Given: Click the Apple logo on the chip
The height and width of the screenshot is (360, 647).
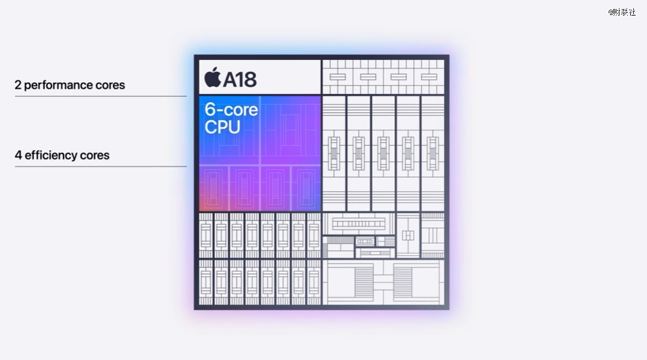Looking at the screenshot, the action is click(213, 77).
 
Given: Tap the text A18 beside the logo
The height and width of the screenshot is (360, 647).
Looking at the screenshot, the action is click(240, 78).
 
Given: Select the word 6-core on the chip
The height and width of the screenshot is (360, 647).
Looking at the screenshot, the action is click(231, 109).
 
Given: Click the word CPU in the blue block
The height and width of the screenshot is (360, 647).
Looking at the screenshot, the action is click(222, 126).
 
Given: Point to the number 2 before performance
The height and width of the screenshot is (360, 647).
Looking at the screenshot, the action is click(18, 85).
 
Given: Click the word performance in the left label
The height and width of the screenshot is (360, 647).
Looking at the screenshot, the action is click(58, 86).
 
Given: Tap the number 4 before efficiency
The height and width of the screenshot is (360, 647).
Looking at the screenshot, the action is click(18, 156).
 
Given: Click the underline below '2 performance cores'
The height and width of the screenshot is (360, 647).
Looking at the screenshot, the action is click(101, 96).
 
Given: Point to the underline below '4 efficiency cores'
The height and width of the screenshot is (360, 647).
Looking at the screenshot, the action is click(101, 167).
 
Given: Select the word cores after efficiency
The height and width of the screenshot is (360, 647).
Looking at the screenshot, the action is click(95, 156).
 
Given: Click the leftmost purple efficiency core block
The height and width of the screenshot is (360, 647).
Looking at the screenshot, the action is click(214, 189).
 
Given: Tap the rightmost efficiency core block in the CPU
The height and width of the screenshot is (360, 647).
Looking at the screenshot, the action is click(306, 189).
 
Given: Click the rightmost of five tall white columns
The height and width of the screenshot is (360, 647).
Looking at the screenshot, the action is click(433, 153).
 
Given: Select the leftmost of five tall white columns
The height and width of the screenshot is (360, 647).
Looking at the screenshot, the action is click(334, 153).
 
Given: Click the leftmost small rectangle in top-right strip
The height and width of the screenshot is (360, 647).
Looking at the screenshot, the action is click(337, 77).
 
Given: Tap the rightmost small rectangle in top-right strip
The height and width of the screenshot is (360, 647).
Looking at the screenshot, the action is click(429, 77).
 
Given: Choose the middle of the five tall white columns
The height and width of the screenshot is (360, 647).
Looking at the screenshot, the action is click(383, 153).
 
